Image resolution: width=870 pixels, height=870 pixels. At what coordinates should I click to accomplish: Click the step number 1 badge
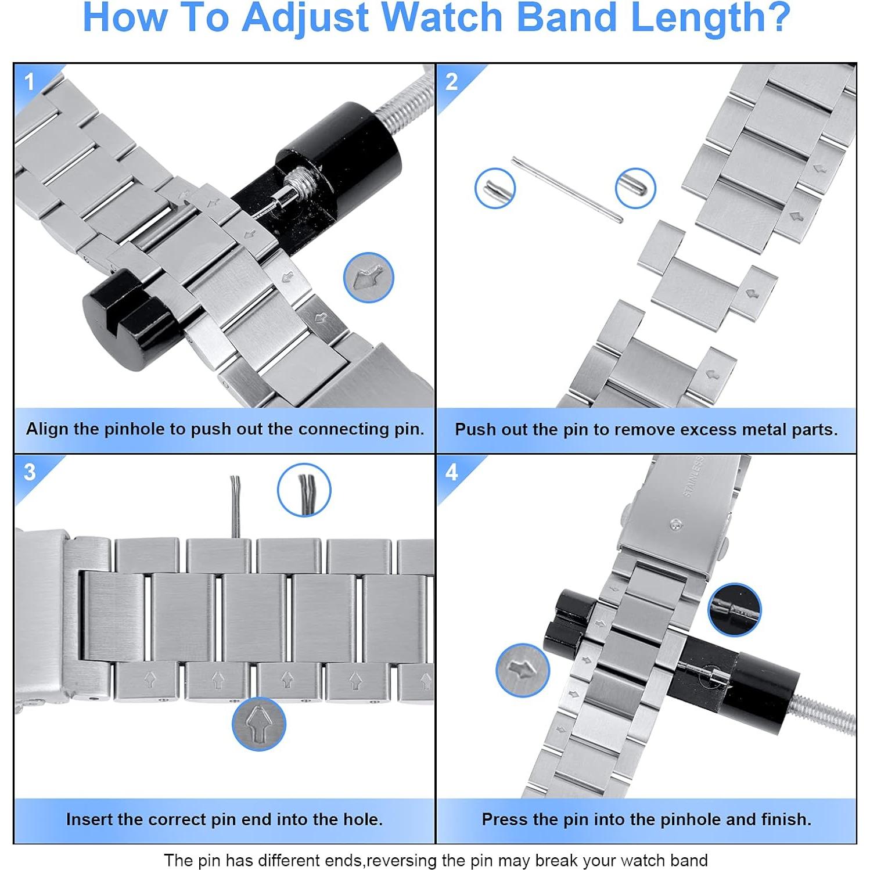(x=30, y=82)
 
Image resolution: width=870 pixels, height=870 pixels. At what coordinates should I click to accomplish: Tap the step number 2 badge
(x=451, y=82)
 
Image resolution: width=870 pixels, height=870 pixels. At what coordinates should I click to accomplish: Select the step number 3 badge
(x=30, y=472)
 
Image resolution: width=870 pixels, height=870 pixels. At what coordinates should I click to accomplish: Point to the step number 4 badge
(x=451, y=472)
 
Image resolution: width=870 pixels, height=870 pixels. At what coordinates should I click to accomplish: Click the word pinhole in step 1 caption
(x=135, y=429)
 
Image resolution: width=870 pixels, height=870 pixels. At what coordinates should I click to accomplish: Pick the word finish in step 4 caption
(x=786, y=819)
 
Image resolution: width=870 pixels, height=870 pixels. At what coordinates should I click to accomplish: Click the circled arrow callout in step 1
(x=369, y=278)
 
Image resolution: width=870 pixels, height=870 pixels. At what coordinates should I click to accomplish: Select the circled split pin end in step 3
(x=304, y=490)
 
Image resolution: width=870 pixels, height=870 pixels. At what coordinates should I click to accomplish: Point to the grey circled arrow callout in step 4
(x=523, y=670)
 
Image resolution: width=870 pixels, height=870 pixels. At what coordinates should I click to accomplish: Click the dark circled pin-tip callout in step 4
(x=735, y=610)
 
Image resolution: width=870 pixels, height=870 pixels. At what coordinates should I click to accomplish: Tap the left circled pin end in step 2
(x=495, y=188)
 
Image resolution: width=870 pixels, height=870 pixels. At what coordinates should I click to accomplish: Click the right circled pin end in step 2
(x=635, y=188)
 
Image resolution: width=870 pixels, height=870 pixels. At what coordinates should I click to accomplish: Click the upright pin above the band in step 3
(x=236, y=506)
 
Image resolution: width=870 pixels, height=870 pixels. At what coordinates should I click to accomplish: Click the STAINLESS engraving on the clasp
(x=694, y=477)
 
